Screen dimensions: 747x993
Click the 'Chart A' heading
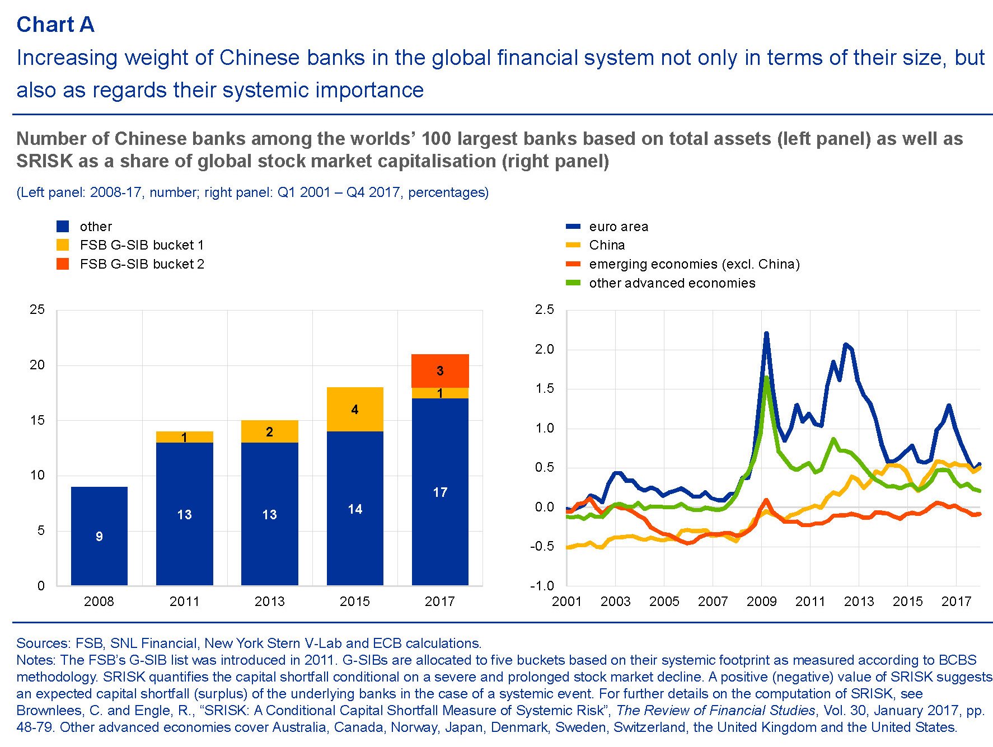pyautogui.click(x=55, y=25)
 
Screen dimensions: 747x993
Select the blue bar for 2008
pyautogui.click(x=99, y=535)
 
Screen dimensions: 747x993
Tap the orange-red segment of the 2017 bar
pyautogui.click(x=440, y=370)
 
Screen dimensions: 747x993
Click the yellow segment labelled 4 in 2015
pyautogui.click(x=355, y=409)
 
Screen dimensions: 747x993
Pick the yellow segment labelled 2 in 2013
pyautogui.click(x=269, y=431)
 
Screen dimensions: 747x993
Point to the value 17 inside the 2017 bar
pyautogui.click(x=440, y=492)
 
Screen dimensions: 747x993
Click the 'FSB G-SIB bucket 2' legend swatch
pyautogui.click(x=63, y=264)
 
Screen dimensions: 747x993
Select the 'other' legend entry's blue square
pyautogui.click(x=63, y=226)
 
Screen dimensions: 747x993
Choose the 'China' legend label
pyautogui.click(x=607, y=245)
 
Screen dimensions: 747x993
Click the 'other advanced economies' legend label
pyautogui.click(x=672, y=283)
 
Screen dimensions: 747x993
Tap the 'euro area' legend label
pyautogui.click(x=619, y=227)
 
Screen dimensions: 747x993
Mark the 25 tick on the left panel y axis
pyautogui.click(x=37, y=309)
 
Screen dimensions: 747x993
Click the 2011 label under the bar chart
pyautogui.click(x=184, y=602)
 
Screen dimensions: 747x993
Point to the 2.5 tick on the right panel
pyautogui.click(x=544, y=309)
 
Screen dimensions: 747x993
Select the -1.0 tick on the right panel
pyautogui.click(x=542, y=586)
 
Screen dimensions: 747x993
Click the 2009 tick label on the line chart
pyautogui.click(x=761, y=602)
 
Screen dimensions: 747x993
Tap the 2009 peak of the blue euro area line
pyautogui.click(x=766, y=334)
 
